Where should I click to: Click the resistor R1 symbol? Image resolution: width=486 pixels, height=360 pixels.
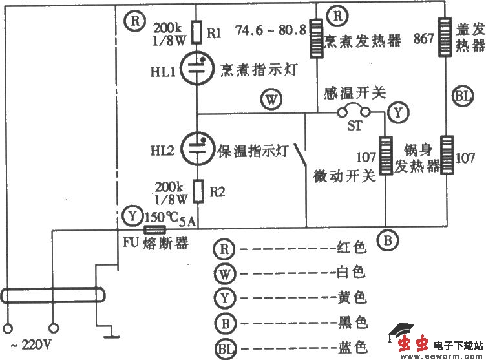click(197, 30)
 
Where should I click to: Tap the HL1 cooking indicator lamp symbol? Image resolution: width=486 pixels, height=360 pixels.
click(196, 69)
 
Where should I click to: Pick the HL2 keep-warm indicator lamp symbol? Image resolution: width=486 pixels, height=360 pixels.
click(196, 149)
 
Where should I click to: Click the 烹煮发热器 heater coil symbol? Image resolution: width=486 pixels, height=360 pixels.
click(317, 39)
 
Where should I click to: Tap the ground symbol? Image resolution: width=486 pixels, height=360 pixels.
click(112, 335)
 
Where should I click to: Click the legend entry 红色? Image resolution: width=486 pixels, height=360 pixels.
click(352, 248)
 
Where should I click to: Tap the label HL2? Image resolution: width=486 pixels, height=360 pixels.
click(164, 151)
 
